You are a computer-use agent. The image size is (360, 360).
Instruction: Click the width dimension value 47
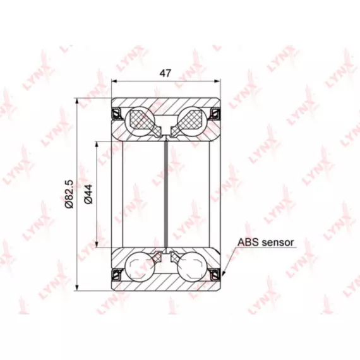[x=165, y=73]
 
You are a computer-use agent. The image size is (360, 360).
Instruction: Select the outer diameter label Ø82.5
[x=69, y=194]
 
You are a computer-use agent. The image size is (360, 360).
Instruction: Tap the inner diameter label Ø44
[x=88, y=194]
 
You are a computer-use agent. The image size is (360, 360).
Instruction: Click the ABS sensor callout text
[x=266, y=243]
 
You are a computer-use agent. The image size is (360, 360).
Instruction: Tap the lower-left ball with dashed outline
[x=140, y=266]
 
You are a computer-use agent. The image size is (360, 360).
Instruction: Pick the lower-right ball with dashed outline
[x=191, y=266]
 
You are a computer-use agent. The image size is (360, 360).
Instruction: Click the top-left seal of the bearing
[x=117, y=114]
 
